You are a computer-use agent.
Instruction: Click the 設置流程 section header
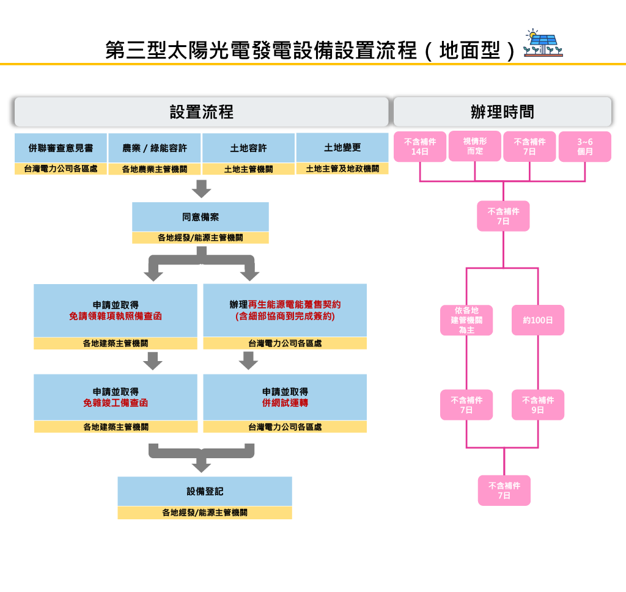[x=201, y=112]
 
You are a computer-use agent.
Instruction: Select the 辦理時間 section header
[x=502, y=112]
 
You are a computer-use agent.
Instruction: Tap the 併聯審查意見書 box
[x=61, y=148]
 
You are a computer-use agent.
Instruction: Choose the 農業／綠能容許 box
[x=154, y=148]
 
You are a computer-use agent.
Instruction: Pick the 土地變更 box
[x=342, y=148]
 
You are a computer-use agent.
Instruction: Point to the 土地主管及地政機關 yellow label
[x=342, y=169]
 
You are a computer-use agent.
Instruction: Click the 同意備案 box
[x=201, y=217]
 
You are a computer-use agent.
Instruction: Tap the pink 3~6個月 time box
[x=585, y=147]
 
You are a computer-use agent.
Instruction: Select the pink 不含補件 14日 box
[x=420, y=147]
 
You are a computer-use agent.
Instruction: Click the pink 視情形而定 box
[x=475, y=146]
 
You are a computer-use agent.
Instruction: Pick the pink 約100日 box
[x=538, y=320]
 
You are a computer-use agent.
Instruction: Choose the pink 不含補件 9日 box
[x=538, y=405]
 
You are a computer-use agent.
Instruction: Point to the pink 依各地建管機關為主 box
[x=466, y=320]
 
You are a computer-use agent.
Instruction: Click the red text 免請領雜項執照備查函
[x=116, y=316]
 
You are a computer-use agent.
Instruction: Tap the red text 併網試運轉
[x=285, y=403]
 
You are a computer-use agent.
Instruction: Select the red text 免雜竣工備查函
[x=116, y=403]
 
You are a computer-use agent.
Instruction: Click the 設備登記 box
[x=205, y=491]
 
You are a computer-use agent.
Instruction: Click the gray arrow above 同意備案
[x=201, y=189]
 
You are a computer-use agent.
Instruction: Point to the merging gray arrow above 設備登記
[x=201, y=458]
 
